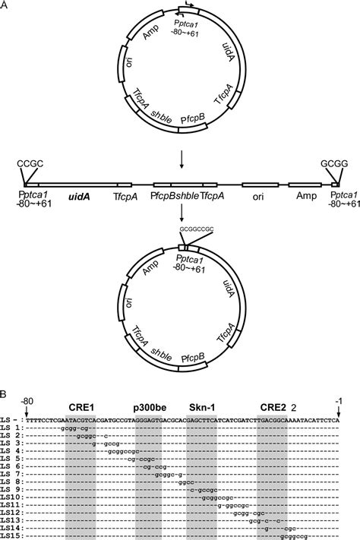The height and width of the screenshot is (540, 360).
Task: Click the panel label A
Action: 5,6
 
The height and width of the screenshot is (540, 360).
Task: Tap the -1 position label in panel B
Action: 339,398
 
